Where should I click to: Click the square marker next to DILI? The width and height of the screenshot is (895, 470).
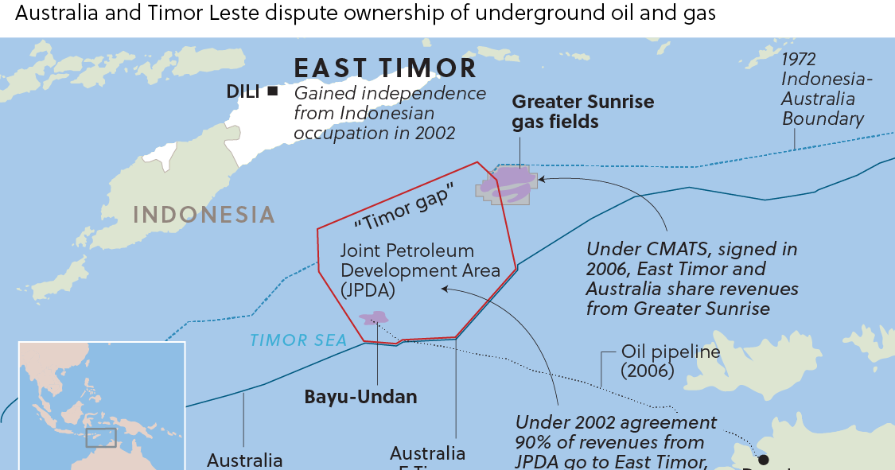(x=273, y=91)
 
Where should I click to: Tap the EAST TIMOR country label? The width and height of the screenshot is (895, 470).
(x=385, y=68)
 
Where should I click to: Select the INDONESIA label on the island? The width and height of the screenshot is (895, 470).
(x=204, y=215)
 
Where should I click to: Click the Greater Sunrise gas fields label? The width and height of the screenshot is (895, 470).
(x=582, y=111)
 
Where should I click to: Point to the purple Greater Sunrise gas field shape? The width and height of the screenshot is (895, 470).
(x=509, y=184)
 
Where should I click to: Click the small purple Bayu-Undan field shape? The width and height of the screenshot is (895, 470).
(x=370, y=318)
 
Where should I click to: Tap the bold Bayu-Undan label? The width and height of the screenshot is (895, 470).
(x=360, y=396)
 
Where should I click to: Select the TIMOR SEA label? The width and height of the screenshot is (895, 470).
(x=298, y=340)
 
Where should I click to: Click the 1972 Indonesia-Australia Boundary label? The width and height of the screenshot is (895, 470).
(x=823, y=89)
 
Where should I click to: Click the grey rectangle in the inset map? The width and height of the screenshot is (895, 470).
(x=101, y=437)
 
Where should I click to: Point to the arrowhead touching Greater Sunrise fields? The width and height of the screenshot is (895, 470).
(x=542, y=179)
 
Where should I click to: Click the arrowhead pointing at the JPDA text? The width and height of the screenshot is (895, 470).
(x=445, y=289)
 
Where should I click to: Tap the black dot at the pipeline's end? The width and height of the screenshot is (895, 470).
(x=764, y=460)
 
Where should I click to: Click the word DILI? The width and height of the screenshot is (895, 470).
(x=243, y=91)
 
